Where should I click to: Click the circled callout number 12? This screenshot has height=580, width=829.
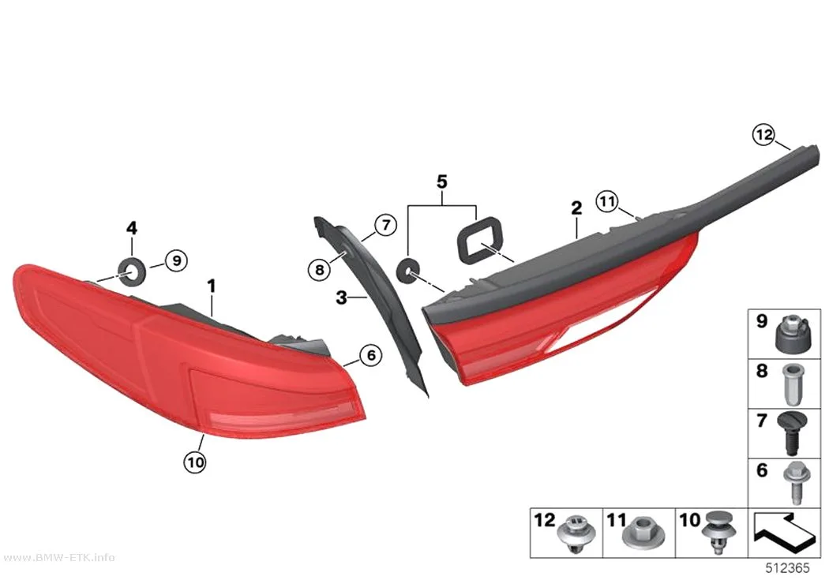764,135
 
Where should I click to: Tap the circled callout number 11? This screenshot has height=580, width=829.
607,201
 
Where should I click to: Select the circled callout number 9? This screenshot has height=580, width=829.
177,260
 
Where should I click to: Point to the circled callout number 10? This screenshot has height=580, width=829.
195,462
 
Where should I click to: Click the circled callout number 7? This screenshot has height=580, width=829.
386,226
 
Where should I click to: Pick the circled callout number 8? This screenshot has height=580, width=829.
319,271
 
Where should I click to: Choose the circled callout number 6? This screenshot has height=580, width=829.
370,355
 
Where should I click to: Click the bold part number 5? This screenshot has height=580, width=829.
442,181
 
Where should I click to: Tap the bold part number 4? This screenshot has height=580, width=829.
132,228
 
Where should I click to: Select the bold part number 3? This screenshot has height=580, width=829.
342,297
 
